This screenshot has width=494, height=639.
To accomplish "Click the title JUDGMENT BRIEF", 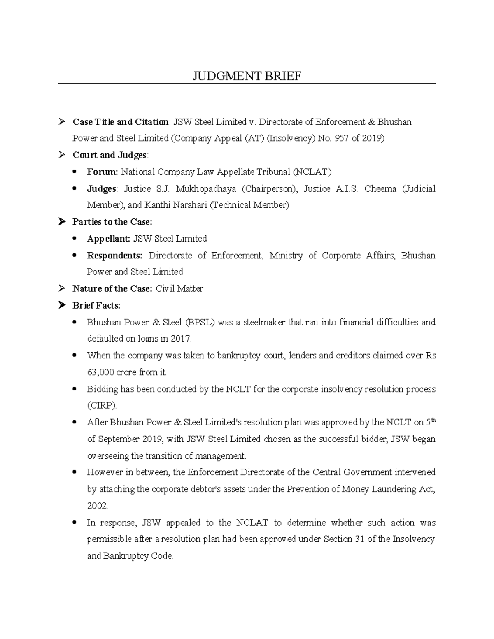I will (247, 76).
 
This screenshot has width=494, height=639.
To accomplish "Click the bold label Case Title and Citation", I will (120, 122).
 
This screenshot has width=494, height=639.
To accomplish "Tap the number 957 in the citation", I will (342, 138).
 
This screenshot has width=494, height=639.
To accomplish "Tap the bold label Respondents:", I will (114, 256).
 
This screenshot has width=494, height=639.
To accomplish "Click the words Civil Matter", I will (179, 289).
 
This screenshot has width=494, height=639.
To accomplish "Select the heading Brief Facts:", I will (96, 306).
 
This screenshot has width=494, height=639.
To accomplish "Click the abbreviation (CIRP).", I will (102, 406).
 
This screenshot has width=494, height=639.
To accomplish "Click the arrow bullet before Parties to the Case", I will (62, 222).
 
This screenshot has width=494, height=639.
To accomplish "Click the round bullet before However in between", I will (75, 473).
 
